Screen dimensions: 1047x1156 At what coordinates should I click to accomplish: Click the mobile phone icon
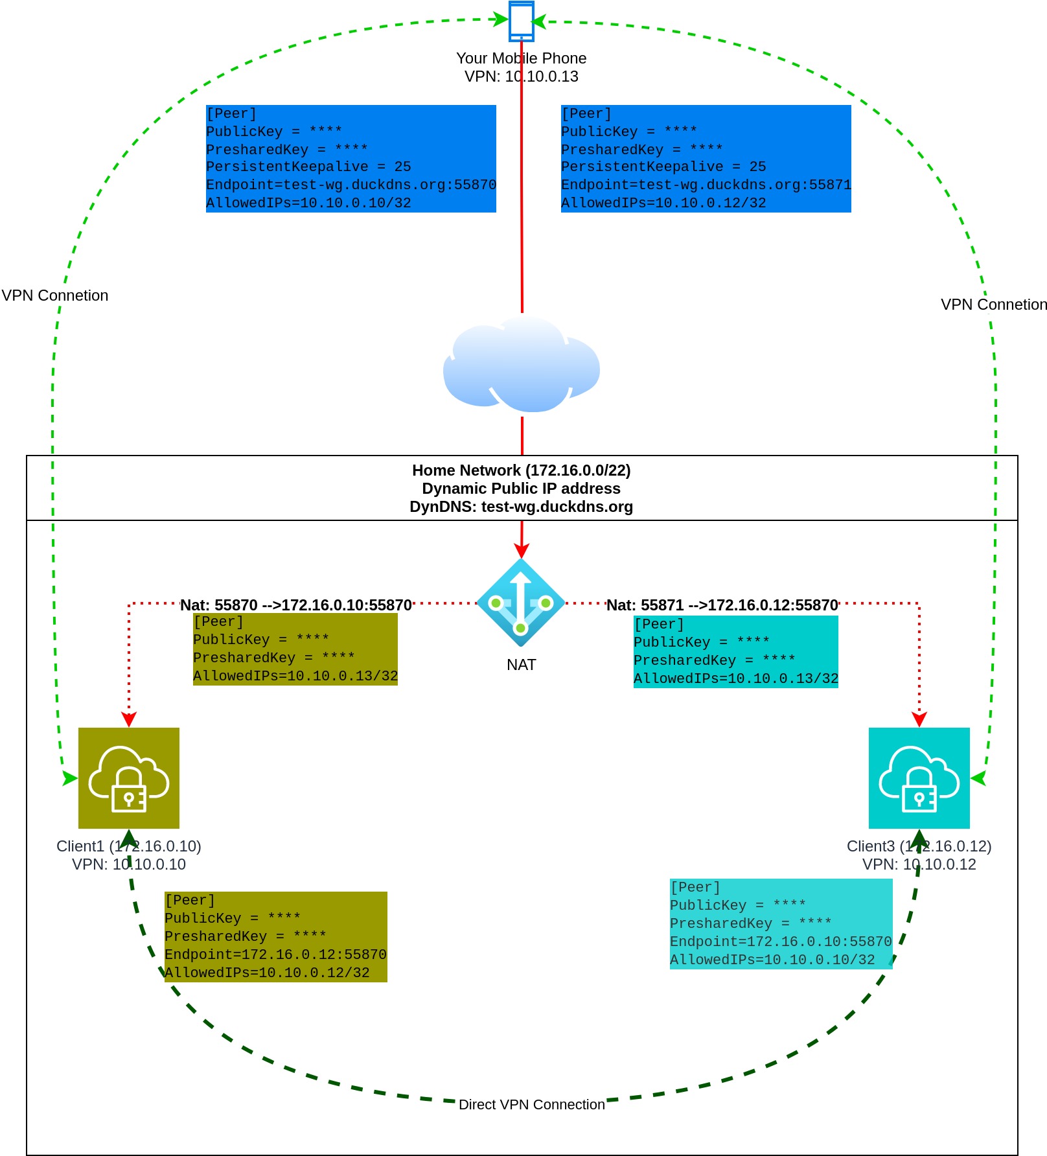pos(522,21)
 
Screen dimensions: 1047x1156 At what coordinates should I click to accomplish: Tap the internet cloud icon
pos(522,365)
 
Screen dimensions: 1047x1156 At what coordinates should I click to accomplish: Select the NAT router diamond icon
pos(521,603)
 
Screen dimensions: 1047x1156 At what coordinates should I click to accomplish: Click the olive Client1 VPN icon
pos(129,778)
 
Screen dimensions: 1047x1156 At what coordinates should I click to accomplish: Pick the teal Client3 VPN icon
pos(919,778)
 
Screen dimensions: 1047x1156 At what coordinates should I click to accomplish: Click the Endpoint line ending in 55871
pos(706,185)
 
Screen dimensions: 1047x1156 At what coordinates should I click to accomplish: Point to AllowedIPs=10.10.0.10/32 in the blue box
pos(308,203)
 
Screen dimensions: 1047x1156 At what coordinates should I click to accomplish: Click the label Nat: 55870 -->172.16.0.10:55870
pos(296,605)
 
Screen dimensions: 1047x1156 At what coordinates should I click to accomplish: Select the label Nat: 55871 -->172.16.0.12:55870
pos(722,605)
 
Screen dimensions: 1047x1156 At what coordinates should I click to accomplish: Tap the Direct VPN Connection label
pos(532,1104)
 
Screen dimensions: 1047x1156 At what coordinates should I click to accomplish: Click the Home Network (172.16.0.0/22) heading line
pos(522,470)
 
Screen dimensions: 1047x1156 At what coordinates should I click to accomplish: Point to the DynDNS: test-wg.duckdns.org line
pos(522,507)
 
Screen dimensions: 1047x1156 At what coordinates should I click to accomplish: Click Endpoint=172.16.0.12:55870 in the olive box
pos(275,954)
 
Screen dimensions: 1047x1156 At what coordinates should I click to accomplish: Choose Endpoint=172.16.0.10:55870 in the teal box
pos(781,942)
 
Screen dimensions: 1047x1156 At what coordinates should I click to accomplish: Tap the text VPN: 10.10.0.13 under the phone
pos(522,76)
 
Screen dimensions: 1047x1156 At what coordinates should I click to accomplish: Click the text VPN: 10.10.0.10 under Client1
pos(129,864)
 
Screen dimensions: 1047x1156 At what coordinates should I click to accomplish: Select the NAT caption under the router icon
pos(522,665)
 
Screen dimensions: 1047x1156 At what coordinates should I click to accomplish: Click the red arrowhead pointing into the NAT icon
pos(521,550)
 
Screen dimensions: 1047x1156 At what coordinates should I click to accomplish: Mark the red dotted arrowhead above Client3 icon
pos(919,719)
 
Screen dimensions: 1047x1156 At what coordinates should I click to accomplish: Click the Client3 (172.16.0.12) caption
pos(919,846)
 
